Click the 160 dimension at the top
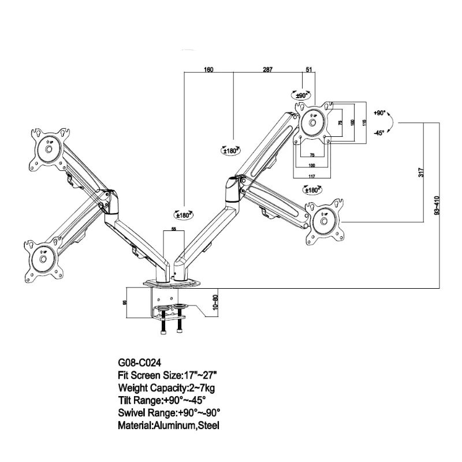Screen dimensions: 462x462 click(x=208, y=70)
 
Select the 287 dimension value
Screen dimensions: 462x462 click(x=268, y=70)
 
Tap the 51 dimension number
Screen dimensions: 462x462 click(x=309, y=70)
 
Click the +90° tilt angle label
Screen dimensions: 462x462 click(x=379, y=113)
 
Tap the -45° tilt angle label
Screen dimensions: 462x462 click(x=379, y=133)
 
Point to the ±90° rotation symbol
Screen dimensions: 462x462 click(x=301, y=95)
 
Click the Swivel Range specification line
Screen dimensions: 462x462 click(x=169, y=412)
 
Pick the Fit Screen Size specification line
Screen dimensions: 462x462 click(x=167, y=375)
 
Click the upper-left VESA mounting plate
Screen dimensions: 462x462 click(x=49, y=147)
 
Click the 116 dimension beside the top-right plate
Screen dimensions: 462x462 click(x=364, y=122)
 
